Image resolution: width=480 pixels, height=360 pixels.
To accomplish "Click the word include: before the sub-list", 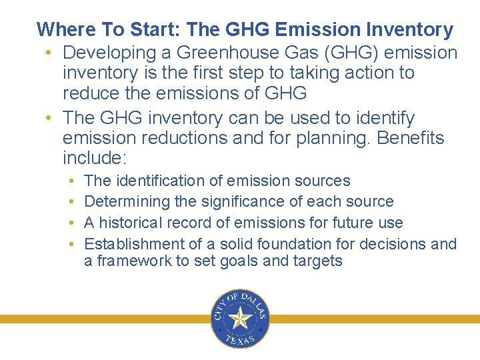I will [94, 159].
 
